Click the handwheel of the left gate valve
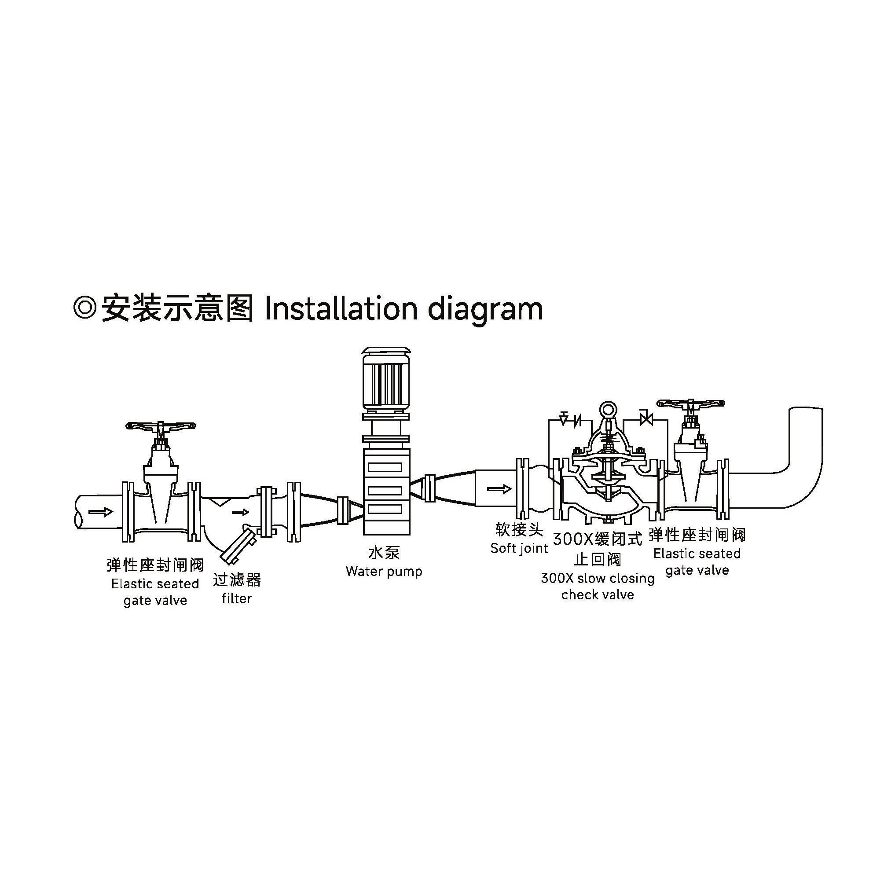click(161, 426)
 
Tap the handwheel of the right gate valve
click(690, 403)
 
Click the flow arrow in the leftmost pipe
click(101, 511)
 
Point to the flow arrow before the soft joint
click(499, 489)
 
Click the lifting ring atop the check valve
click(609, 409)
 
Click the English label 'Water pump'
click(384, 572)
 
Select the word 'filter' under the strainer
click(237, 598)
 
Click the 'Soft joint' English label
click(519, 548)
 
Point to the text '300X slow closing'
click(598, 578)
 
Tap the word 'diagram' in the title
click(485, 309)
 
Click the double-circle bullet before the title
click(84, 308)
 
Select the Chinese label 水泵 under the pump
click(384, 553)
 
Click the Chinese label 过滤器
click(237, 580)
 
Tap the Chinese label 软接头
click(519, 529)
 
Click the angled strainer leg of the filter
click(238, 546)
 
